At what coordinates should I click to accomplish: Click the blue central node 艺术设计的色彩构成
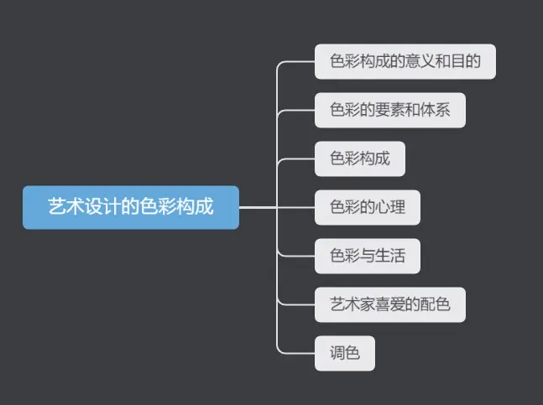pyautogui.click(x=131, y=207)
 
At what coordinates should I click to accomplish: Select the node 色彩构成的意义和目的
pyautogui.click(x=405, y=62)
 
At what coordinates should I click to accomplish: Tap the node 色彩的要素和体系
pyautogui.click(x=389, y=111)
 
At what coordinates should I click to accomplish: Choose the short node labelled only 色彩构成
pyautogui.click(x=360, y=159)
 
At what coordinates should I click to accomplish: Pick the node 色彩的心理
pyautogui.click(x=368, y=207)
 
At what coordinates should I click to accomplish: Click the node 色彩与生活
pyautogui.click(x=368, y=256)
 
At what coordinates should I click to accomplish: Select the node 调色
pyautogui.click(x=345, y=352)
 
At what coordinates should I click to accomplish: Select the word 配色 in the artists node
pyautogui.click(x=436, y=304)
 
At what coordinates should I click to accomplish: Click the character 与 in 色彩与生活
pyautogui.click(x=368, y=256)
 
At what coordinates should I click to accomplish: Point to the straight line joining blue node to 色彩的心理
pyautogui.click(x=277, y=207)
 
